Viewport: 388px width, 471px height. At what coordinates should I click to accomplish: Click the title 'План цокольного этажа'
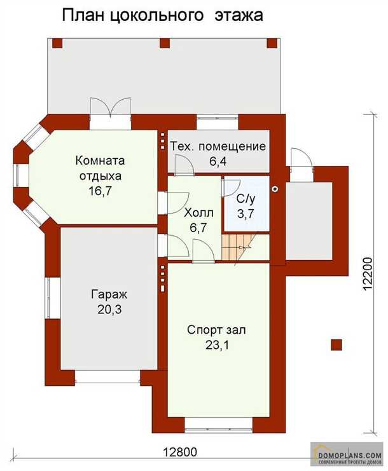click(162, 16)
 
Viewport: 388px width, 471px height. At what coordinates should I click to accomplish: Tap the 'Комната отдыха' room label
click(100, 168)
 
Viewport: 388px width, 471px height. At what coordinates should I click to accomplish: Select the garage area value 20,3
click(109, 309)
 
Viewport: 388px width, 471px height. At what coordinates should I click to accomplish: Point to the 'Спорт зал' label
click(216, 330)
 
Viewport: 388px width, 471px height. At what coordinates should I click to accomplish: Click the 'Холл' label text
click(198, 213)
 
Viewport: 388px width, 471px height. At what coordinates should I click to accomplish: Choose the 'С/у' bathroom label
click(246, 199)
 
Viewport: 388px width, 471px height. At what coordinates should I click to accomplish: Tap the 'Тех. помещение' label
click(218, 147)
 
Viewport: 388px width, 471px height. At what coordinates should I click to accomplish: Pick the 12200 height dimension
click(368, 274)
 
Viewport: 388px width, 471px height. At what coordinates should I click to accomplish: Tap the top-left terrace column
click(57, 43)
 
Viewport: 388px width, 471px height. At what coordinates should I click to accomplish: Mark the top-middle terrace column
click(165, 43)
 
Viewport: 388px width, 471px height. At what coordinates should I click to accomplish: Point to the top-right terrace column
click(272, 43)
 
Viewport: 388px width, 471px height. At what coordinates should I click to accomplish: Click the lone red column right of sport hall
click(336, 345)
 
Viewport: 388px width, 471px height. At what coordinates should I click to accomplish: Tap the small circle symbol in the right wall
click(275, 189)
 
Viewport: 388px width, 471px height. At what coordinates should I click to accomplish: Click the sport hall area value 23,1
click(217, 345)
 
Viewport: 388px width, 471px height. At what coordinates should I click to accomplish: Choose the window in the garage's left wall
click(48, 298)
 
